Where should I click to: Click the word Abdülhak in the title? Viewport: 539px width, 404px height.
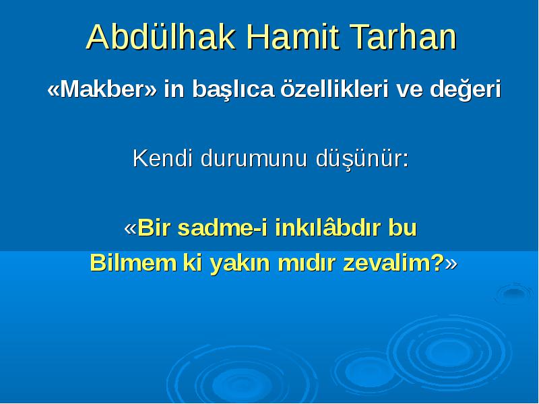(x=161, y=37)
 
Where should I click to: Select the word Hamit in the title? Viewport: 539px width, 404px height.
(x=293, y=37)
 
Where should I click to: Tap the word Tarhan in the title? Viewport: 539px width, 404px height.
(x=403, y=37)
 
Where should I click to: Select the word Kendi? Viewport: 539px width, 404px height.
(x=162, y=158)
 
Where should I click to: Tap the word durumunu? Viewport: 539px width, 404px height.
(x=254, y=158)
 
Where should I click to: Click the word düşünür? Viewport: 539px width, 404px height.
(x=360, y=160)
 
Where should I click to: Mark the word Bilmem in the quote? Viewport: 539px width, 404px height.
(x=133, y=263)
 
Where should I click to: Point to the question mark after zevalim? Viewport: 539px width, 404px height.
(x=437, y=263)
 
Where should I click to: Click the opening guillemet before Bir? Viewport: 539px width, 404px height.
(x=131, y=228)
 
